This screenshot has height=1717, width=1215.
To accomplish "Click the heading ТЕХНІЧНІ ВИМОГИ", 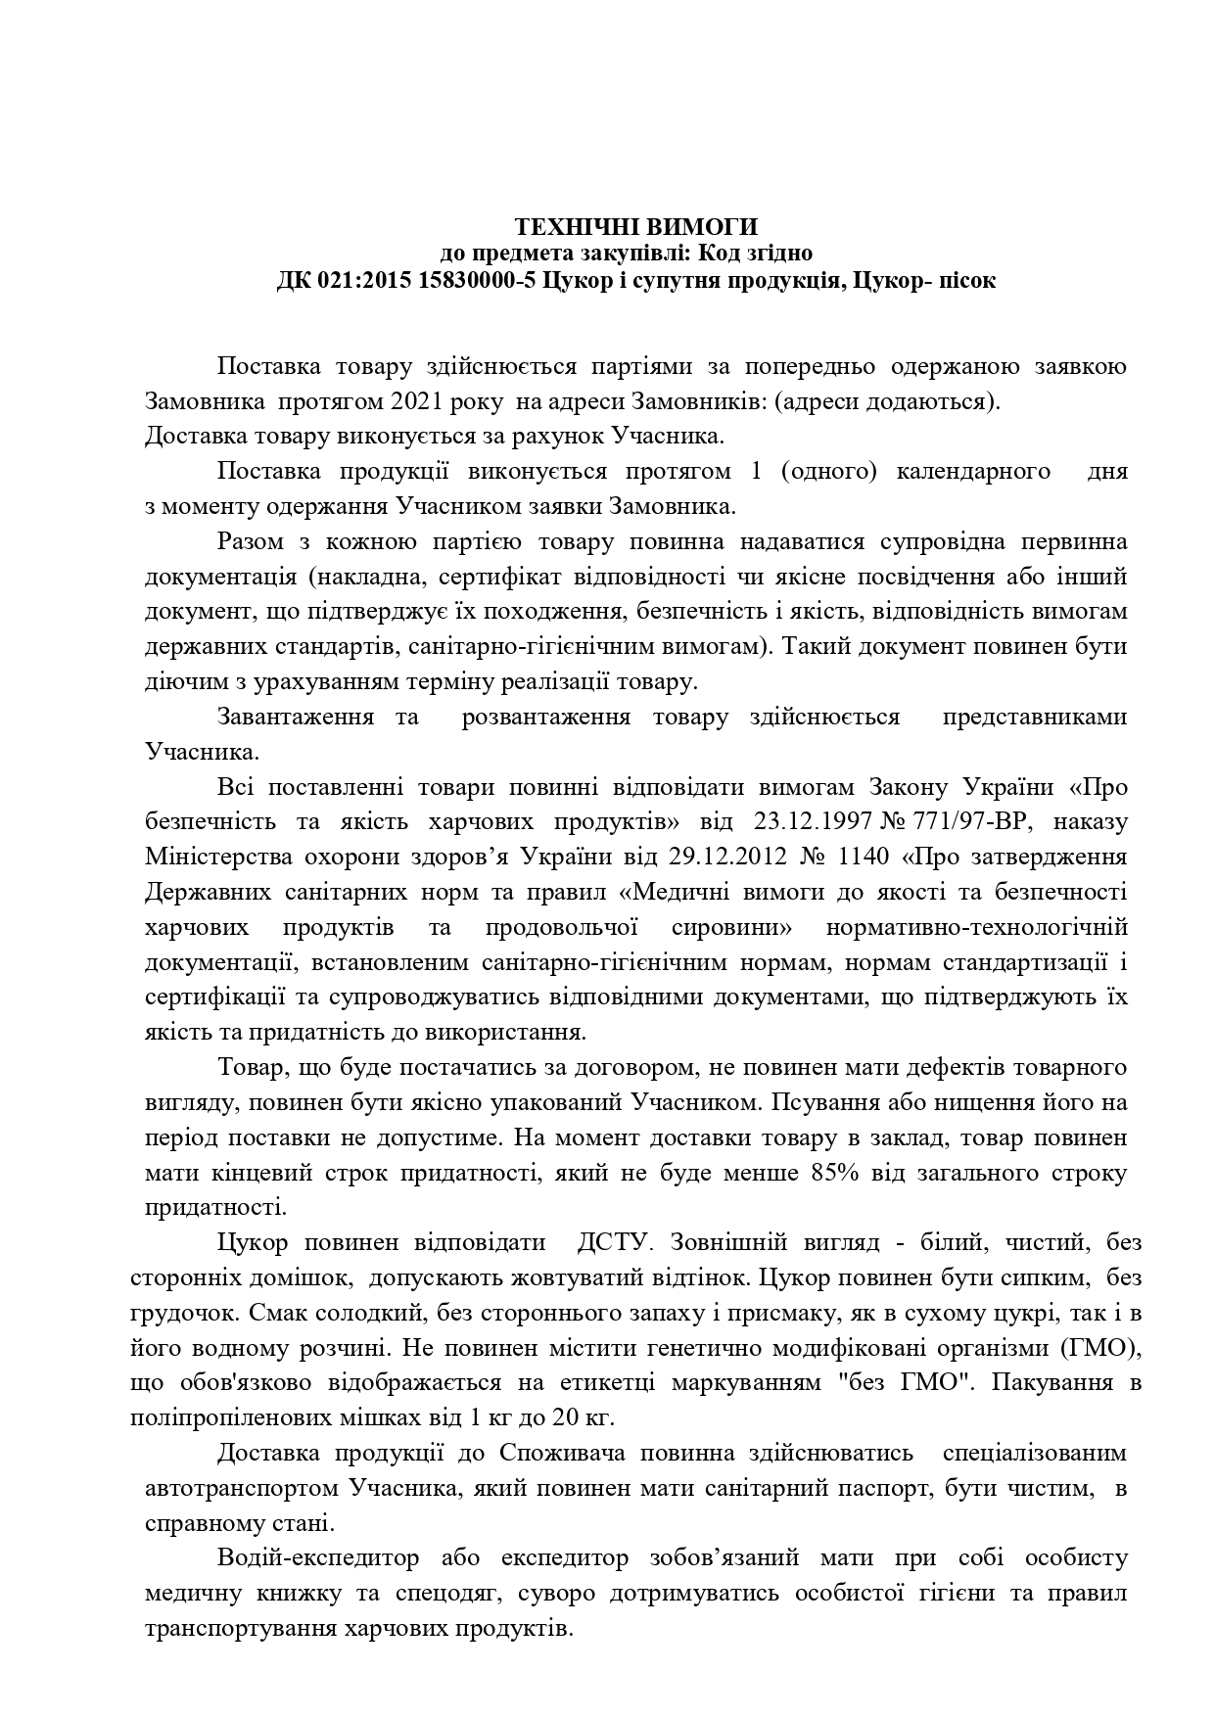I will tap(636, 227).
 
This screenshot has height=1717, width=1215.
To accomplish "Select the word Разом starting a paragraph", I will tap(252, 541).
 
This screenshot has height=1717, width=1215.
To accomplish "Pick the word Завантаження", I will tap(295, 717).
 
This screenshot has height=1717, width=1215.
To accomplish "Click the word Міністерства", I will tap(210, 857).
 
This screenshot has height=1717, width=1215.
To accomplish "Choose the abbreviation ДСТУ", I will tap(614, 1243).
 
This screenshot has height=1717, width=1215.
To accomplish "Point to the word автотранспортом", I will tap(241, 1489).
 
